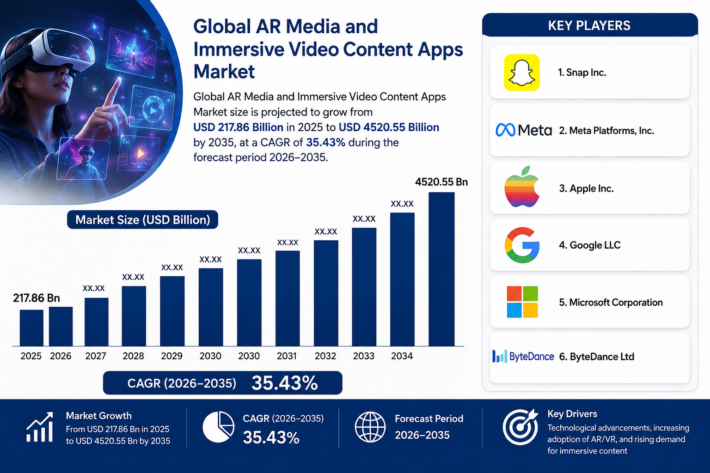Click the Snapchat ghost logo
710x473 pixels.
tap(522, 73)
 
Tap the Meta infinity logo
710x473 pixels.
tap(506, 130)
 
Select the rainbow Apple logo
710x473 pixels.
tap(522, 187)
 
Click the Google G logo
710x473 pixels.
tap(522, 245)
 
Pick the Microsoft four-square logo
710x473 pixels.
tap(522, 302)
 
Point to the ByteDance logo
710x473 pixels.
tap(523, 357)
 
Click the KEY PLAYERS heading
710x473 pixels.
tap(589, 25)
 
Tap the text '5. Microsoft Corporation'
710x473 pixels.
tap(611, 302)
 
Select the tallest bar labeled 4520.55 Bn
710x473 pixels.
tap(441, 269)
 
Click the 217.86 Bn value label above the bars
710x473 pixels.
tap(37, 298)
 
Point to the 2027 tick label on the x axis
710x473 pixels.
tap(96, 356)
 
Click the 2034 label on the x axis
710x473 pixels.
tap(402, 356)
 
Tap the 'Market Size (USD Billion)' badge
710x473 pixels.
tap(143, 219)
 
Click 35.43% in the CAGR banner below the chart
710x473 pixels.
tap(284, 383)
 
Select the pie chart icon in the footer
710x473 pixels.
tap(218, 427)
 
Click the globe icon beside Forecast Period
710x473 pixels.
tap(370, 427)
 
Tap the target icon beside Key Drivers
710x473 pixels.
tap(520, 426)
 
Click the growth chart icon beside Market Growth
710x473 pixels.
tap(40, 427)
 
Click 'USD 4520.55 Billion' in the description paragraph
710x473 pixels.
tap(389, 127)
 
